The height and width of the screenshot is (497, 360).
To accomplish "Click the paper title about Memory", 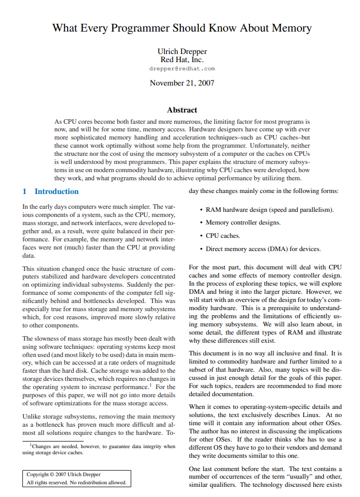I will coord(182,28).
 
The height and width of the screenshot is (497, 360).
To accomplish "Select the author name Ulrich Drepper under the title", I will coord(182,51).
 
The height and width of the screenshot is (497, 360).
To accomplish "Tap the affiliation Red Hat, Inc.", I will coord(182,60).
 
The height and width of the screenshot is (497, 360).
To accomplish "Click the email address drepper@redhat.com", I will coord(182,69).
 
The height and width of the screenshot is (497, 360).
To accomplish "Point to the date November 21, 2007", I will coord(182,82).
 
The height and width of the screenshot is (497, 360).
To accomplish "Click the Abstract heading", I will coord(182,109).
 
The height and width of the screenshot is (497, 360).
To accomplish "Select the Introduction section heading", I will coord(57,191).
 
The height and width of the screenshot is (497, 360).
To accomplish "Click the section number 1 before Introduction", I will coord(24,191).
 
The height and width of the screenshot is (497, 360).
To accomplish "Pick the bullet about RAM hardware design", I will coord(269,209).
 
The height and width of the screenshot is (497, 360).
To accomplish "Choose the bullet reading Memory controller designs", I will coord(243,223).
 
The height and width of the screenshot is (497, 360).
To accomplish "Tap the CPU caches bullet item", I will coord(223,236).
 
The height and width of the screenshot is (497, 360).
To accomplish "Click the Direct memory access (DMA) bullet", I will coord(263,249).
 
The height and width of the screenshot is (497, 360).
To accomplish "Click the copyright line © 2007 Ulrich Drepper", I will coord(64,475).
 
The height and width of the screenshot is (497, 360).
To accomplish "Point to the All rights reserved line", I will coord(76,483).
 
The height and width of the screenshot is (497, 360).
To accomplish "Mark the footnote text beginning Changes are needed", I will coord(102,446).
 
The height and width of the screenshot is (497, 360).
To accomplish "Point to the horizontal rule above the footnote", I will coord(53,441).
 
